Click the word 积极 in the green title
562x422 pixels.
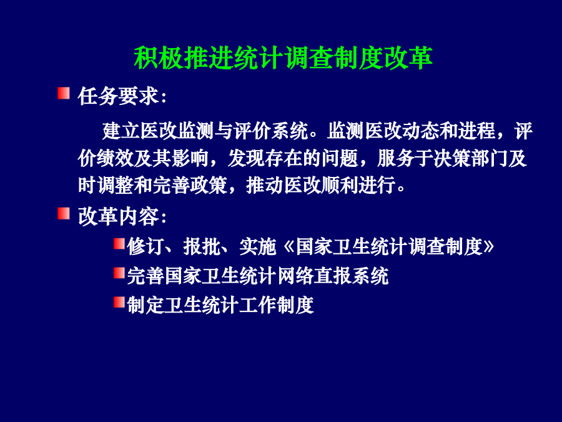tap(159, 58)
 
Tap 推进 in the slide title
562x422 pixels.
tap(209, 58)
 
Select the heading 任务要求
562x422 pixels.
tap(118, 96)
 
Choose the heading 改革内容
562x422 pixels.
tap(118, 216)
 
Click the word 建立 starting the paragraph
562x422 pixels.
tap(121, 131)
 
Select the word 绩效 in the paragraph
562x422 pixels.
tap(115, 158)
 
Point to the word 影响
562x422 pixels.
tap(190, 158)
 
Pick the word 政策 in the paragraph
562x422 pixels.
tap(209, 185)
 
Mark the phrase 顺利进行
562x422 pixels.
tap(358, 185)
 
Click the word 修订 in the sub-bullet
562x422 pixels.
tap(146, 247)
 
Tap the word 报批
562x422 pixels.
tap(202, 247)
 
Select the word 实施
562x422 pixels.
tap(258, 247)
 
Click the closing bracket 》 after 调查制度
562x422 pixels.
tap(488, 247)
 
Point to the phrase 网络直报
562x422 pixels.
tap(314, 276)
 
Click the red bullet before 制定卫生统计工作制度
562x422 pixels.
tap(119, 302)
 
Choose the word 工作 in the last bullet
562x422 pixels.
tap(258, 305)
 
